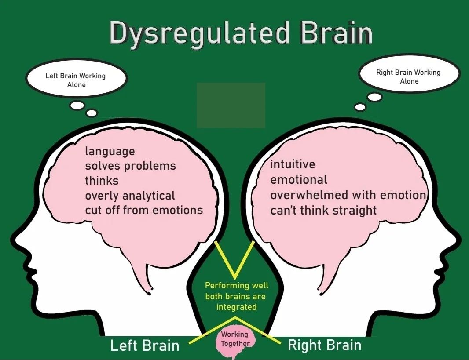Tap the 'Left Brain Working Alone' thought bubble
(76, 80)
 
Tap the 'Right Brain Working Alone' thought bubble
(409, 76)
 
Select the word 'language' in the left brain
(110, 151)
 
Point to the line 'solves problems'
(130, 166)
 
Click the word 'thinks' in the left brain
(102, 181)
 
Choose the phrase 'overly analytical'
(130, 196)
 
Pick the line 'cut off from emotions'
(144, 210)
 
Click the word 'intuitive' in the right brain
(293, 164)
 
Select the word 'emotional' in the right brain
(299, 180)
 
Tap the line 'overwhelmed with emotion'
(348, 195)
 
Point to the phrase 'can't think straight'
(323, 211)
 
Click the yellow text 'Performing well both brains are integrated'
(236, 296)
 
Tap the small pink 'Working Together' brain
(235, 339)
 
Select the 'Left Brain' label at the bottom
(145, 345)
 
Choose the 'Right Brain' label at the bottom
(324, 345)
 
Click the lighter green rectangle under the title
(231, 105)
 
